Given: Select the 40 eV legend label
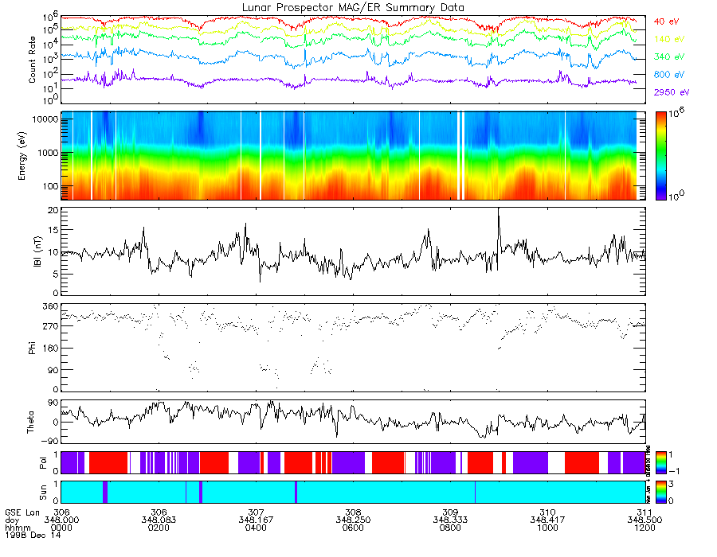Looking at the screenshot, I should click(665, 21).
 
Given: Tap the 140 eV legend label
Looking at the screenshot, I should click(667, 38).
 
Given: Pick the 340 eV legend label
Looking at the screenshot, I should click(667, 56).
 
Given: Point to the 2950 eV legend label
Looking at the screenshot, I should click(669, 92).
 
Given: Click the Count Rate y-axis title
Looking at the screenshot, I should click(33, 60).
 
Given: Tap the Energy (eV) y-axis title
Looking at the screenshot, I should click(33, 155).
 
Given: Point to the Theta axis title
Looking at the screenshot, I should click(33, 422).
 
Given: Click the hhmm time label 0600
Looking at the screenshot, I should click(353, 528).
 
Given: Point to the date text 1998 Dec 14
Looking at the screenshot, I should click(27, 536).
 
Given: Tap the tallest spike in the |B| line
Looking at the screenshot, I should click(499, 209).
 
